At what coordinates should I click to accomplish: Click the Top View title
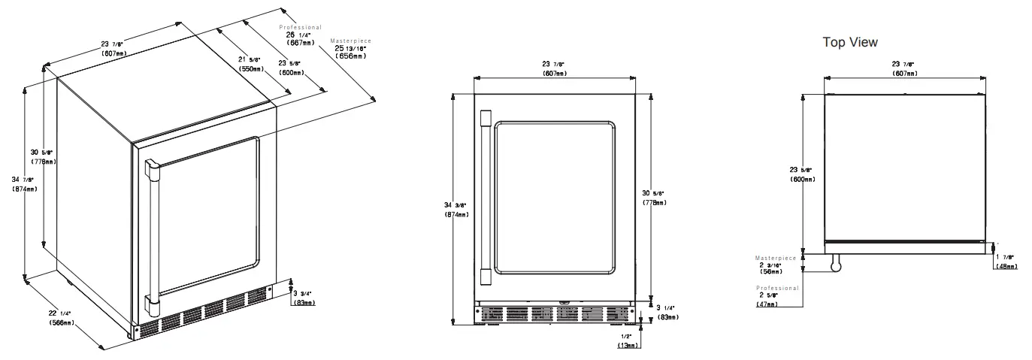click(x=850, y=42)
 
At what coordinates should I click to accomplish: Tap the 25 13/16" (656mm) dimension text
click(x=352, y=52)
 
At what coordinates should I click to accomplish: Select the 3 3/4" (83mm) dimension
click(x=305, y=298)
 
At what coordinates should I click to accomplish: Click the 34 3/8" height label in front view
click(x=456, y=210)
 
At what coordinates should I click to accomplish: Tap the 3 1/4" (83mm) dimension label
click(x=665, y=312)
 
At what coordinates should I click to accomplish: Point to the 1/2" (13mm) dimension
click(x=628, y=340)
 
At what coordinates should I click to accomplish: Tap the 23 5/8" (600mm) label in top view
click(x=802, y=174)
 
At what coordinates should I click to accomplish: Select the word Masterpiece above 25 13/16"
click(x=351, y=41)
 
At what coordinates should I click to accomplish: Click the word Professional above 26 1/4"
click(x=301, y=27)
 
